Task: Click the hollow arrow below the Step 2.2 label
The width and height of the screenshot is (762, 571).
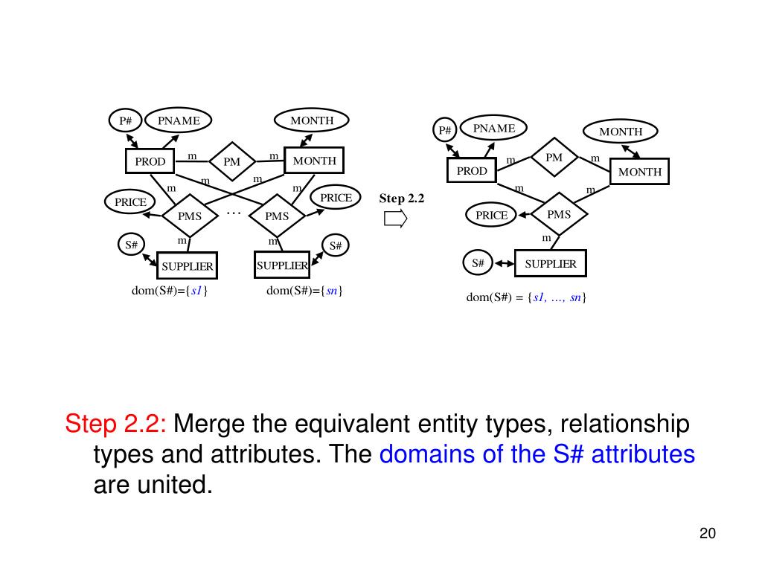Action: pos(396,219)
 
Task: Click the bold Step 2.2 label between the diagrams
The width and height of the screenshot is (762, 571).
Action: pos(401,199)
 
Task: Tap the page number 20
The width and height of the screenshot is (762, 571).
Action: pos(707,533)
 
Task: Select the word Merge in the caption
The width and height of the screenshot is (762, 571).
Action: pos(209,425)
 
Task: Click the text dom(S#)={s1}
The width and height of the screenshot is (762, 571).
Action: pos(170,291)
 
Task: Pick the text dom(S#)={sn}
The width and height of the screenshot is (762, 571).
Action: pos(304,291)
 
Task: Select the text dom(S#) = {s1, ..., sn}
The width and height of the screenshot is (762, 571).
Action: pos(526,297)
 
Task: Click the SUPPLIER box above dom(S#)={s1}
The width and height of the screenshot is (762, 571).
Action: pos(188,265)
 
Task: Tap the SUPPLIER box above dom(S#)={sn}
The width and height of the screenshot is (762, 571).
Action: pos(282,265)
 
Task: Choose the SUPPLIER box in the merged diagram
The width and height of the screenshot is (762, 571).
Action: pos(551,263)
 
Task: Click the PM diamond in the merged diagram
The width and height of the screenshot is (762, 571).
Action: pos(554,158)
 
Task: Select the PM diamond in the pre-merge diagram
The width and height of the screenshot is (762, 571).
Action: pos(231,161)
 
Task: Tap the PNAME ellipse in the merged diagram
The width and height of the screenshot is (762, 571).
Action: pos(494,129)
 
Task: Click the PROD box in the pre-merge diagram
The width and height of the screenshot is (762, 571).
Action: pos(150,161)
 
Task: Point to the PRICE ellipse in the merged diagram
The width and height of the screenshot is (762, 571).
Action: pos(491,215)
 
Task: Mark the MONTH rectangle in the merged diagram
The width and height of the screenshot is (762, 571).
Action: pos(639,172)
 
